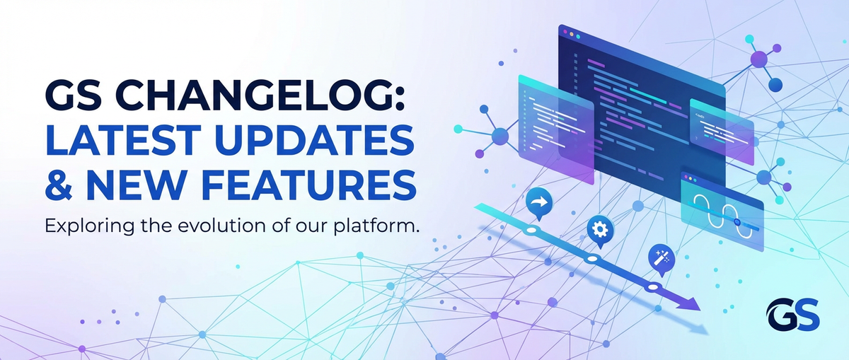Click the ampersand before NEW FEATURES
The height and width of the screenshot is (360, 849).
pos(59,182)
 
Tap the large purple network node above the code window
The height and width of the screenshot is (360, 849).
pos(758,59)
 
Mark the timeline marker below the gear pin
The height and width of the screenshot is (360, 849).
pos(591,260)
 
